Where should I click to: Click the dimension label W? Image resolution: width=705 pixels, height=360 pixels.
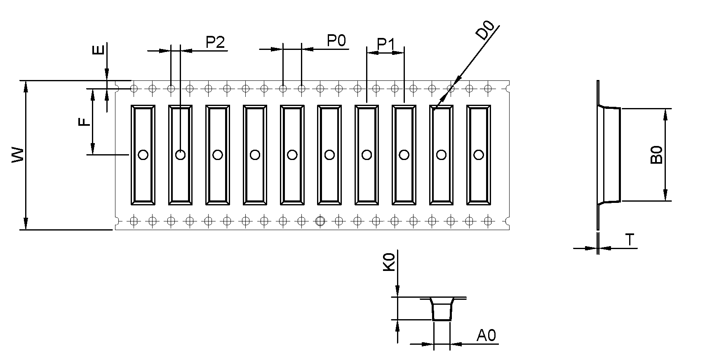(18, 155)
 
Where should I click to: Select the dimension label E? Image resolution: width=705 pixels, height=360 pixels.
(98, 50)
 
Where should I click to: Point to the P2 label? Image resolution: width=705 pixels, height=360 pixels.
(215, 42)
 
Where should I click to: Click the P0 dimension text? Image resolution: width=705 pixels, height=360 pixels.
(336, 41)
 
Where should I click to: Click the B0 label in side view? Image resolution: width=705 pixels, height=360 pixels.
(656, 155)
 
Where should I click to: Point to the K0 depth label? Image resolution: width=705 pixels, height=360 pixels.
(389, 262)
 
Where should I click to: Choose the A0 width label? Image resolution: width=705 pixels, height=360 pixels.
(486, 336)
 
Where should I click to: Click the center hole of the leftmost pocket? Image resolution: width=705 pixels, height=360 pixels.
(143, 155)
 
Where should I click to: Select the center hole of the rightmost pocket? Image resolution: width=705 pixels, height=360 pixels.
(478, 155)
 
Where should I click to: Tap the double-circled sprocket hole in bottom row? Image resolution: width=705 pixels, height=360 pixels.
(320, 221)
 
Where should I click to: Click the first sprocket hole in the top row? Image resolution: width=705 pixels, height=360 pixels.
(134, 88)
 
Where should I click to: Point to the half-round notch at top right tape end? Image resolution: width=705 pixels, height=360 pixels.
(508, 88)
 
